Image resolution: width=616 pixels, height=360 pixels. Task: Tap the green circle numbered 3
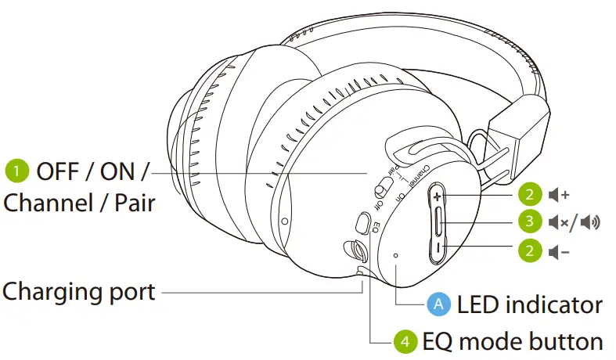[x=530, y=222]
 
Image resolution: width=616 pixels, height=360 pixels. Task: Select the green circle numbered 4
[x=404, y=341]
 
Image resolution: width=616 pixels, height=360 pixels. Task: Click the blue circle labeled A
[x=438, y=304]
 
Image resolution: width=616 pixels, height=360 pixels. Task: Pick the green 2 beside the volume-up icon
[x=530, y=193]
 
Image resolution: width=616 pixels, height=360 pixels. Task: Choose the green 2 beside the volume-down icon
[x=530, y=251]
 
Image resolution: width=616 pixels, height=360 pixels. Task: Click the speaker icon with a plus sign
[x=559, y=193]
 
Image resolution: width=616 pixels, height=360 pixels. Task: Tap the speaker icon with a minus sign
[x=559, y=251]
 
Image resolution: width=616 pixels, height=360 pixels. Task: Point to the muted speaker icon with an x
[x=558, y=222]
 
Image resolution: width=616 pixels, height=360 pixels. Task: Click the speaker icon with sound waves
[x=591, y=222]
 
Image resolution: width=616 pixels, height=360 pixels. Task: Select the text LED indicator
[x=529, y=304]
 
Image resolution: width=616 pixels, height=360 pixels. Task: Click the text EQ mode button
[x=512, y=341]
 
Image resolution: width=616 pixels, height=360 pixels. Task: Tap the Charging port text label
[x=78, y=292]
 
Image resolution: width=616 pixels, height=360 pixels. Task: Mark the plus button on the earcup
[x=438, y=196]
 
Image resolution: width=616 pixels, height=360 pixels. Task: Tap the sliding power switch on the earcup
[x=383, y=189]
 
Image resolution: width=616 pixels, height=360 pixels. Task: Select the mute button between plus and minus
[x=439, y=223]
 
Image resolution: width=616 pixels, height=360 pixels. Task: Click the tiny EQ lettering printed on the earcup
[x=376, y=228]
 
